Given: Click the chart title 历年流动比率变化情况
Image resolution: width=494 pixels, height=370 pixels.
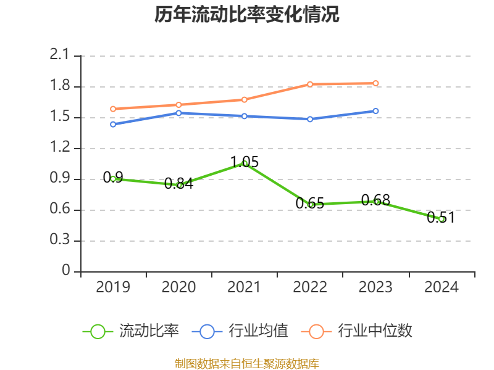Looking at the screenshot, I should pyautogui.click(x=246, y=15).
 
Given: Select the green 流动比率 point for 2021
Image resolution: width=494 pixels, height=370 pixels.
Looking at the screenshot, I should pyautogui.click(x=245, y=163).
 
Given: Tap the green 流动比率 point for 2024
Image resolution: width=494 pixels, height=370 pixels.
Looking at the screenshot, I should pyautogui.click(x=442, y=219).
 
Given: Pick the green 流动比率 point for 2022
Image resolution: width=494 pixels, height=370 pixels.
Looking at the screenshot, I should pyautogui.click(x=311, y=205).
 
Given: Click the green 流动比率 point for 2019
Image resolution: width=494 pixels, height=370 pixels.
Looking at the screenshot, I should pyautogui.click(x=113, y=179).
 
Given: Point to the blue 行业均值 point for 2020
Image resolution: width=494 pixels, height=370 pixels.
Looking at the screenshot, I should pyautogui.click(x=179, y=113).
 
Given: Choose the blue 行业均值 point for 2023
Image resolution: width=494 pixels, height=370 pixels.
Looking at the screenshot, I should pyautogui.click(x=375, y=111).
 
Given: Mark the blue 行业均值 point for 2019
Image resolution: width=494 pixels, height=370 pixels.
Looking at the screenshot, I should pyautogui.click(x=113, y=125).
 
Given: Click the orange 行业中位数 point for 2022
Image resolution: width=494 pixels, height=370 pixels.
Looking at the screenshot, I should pyautogui.click(x=310, y=84).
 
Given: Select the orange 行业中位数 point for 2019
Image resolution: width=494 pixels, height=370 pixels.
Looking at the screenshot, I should pyautogui.click(x=113, y=109).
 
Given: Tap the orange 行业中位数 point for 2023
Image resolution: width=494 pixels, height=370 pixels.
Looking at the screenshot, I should pyautogui.click(x=375, y=83).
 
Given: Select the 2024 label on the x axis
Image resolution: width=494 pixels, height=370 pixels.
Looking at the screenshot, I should pyautogui.click(x=442, y=287).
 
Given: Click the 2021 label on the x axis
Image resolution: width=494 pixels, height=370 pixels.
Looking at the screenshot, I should pyautogui.click(x=245, y=287).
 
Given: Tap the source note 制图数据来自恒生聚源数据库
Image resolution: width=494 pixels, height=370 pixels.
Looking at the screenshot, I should pyautogui.click(x=246, y=363).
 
